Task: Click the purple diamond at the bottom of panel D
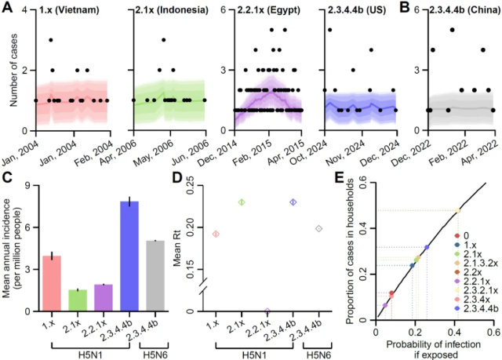pos(268,311)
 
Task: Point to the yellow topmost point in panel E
pos(458,210)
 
